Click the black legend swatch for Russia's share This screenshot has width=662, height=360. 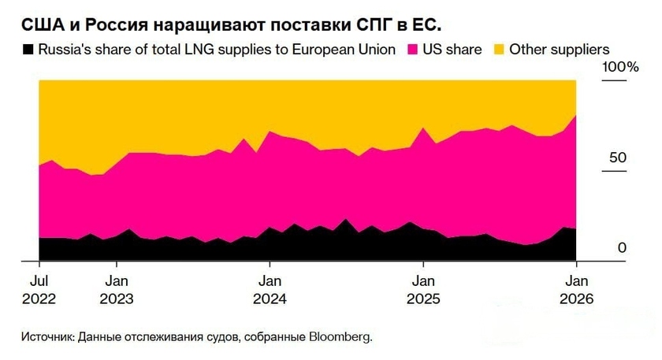(x=28, y=49)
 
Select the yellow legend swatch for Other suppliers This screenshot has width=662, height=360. (x=499, y=49)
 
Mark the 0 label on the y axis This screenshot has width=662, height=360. (x=622, y=248)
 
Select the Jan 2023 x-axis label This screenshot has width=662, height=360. (x=116, y=290)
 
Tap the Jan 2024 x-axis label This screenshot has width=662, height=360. (x=270, y=290)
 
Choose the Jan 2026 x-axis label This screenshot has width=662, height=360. (x=578, y=290)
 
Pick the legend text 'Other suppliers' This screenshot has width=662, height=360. (x=560, y=49)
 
